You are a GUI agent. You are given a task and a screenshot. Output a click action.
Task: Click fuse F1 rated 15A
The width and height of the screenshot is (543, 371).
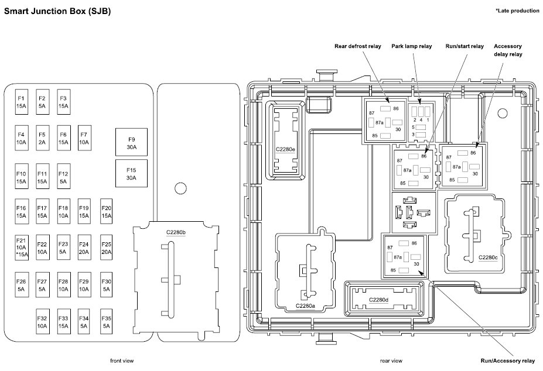21,102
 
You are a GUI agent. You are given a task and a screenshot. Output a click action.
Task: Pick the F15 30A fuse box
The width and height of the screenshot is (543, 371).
131,174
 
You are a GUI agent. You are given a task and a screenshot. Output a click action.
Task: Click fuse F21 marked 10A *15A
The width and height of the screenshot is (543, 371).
21,248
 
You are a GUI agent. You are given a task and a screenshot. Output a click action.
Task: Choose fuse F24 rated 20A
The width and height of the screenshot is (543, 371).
84,248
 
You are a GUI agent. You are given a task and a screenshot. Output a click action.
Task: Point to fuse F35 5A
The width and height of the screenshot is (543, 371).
106,322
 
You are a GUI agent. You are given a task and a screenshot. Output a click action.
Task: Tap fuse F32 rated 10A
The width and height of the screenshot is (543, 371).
42,322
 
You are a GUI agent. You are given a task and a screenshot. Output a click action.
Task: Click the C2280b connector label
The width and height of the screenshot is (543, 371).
176,232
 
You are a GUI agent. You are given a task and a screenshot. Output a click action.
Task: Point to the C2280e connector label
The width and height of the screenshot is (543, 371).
286,149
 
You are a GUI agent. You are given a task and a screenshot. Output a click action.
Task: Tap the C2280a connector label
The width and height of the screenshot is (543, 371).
305,305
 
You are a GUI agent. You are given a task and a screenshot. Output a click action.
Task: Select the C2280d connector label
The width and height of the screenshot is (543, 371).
379,300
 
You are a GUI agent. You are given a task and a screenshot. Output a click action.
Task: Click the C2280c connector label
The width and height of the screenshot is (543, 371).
488,257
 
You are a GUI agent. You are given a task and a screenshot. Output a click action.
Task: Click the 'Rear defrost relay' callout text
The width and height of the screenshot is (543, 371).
357,47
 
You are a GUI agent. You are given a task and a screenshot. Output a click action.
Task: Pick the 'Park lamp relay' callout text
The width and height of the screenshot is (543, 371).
411,47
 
